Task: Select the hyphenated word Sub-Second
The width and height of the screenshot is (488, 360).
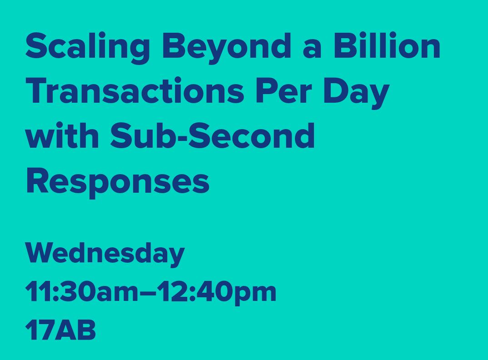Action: pos(213,135)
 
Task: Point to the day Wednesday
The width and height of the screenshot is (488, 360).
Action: pos(105,254)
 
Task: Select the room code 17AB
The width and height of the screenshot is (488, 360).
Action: pos(60,330)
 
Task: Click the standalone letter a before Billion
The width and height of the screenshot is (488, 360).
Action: pos(311,49)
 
